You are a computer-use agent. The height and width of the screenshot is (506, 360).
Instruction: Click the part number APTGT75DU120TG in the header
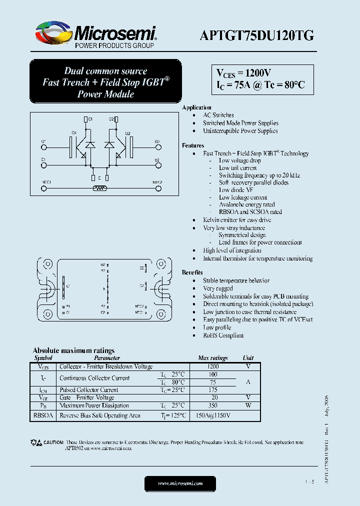pos(256,35)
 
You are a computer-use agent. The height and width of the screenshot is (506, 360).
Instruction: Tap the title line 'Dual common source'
pos(105,71)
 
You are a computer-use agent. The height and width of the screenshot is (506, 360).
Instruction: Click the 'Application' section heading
pos(196,107)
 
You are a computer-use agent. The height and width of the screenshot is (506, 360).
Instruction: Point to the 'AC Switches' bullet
pos(218,115)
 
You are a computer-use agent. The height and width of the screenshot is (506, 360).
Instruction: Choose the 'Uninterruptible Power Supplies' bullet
pos(240,131)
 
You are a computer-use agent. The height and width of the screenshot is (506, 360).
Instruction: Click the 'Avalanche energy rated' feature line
pos(246,204)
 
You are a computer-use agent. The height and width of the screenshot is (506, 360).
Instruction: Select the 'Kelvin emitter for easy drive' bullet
pos(237,220)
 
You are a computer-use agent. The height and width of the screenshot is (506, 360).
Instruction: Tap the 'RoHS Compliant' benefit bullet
pos(223,335)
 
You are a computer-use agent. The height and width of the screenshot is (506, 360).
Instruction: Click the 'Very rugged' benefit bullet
pos(217,288)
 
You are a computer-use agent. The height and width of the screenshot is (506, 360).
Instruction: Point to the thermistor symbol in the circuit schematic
pos(100,188)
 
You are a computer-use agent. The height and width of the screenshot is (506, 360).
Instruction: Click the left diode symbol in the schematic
pos(90,145)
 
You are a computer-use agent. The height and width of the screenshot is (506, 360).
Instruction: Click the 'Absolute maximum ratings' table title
pos(73,350)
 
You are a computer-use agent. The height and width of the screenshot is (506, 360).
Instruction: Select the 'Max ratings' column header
pos(212,358)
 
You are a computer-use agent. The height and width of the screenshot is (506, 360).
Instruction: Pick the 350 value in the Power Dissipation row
pos(212,405)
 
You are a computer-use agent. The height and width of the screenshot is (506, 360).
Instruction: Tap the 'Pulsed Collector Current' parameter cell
pos(88,390)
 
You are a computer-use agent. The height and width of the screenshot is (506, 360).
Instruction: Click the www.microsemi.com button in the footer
pos(180,483)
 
